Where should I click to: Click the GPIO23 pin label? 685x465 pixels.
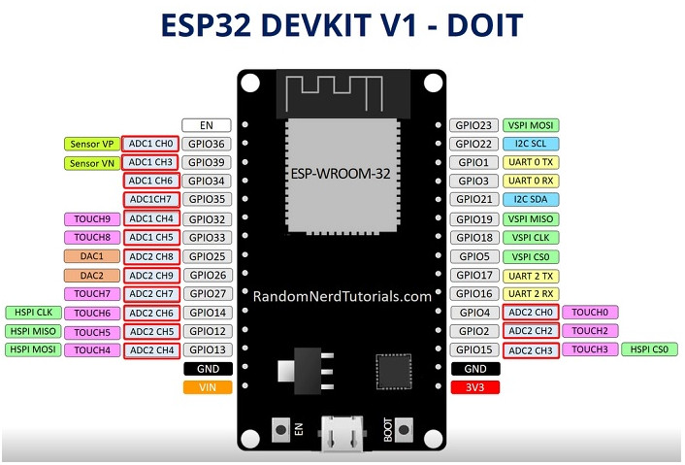coord(474,125)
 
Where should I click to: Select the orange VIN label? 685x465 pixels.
coord(208,387)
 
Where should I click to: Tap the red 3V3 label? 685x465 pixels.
coord(474,387)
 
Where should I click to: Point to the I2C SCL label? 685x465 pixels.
coord(531,144)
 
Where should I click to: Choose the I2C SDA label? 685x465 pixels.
coord(531,199)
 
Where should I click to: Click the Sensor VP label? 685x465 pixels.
coord(92,145)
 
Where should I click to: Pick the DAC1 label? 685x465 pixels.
coord(92,256)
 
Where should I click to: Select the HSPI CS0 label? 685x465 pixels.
coord(650,349)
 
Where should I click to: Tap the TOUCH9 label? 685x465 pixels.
coord(92,219)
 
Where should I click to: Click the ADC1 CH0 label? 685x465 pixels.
coord(150,144)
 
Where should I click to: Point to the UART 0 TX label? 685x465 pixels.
coord(531,162)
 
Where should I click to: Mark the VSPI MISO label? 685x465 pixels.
coord(531,219)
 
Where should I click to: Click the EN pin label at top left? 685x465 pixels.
coord(207,125)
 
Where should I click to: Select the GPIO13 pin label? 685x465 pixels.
coord(208,349)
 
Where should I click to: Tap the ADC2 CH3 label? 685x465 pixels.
coord(531,350)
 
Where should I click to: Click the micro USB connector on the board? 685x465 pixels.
coord(342,434)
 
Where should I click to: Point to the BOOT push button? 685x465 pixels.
coord(404,430)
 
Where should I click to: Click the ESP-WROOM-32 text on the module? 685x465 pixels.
coord(341,174)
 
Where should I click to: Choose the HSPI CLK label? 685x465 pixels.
coord(33,313)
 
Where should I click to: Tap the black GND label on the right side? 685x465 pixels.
coord(475,369)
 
